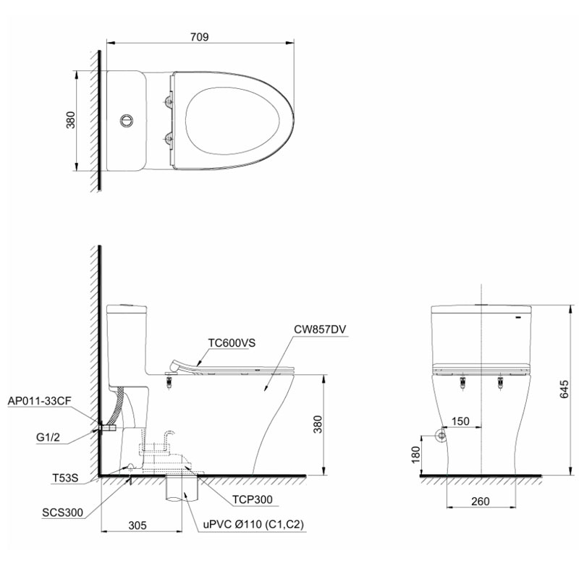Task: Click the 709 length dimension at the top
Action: coord(200,37)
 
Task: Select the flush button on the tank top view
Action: coord(126,120)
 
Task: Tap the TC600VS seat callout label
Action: coord(232,343)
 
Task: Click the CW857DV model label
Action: coord(320,329)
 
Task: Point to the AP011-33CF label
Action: coord(39,401)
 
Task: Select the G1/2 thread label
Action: coord(48,438)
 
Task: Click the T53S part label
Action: coord(65,478)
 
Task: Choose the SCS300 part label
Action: coord(62,512)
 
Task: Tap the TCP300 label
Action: coord(252,499)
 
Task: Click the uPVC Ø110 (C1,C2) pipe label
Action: coord(253,524)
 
